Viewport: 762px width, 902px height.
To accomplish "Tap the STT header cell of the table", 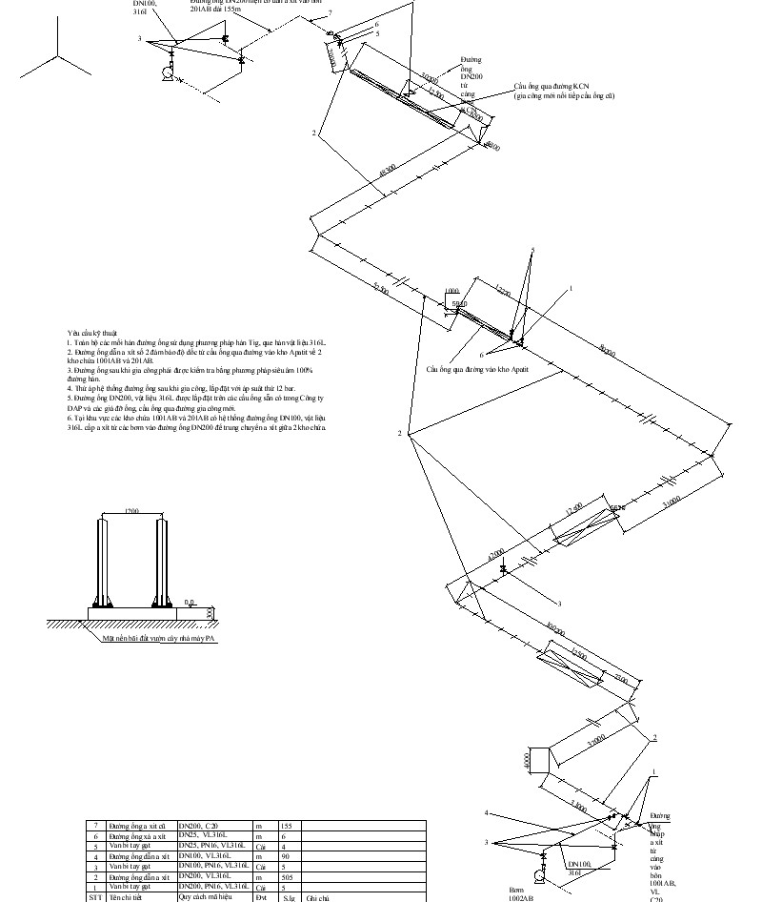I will tap(94, 897).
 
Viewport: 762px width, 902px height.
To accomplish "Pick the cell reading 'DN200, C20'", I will tap(199, 825).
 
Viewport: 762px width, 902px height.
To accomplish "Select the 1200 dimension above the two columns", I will tap(132, 512).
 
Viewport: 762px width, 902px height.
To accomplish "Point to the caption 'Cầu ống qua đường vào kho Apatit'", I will tap(476, 367).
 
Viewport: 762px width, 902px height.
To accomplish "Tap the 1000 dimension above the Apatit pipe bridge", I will tap(451, 291).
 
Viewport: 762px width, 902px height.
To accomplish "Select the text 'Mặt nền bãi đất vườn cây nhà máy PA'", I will tap(160, 640).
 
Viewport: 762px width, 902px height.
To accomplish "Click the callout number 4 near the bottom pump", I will tap(487, 813).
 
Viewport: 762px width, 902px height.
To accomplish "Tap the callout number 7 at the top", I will tap(331, 11).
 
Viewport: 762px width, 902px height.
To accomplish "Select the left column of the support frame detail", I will tap(106, 563).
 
